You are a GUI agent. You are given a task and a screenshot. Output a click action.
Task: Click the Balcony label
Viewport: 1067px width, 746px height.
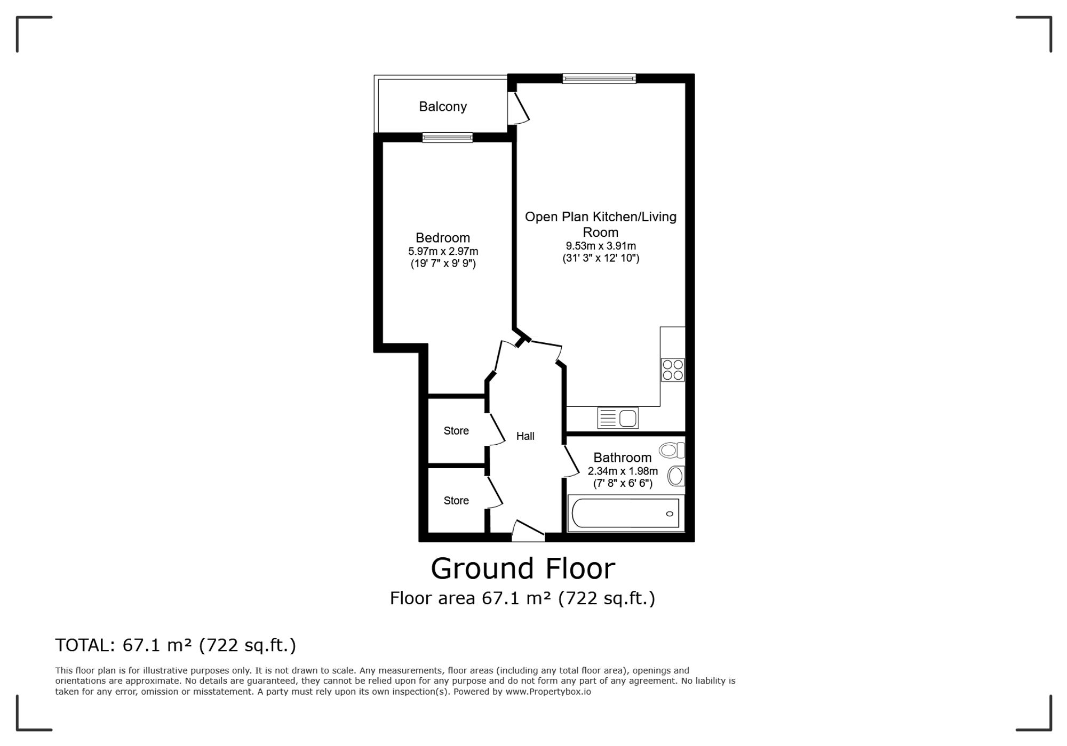[443, 107]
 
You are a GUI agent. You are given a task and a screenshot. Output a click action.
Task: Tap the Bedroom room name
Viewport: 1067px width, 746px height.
[443, 238]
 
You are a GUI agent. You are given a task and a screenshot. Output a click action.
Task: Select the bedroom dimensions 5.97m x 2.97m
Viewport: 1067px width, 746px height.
[443, 251]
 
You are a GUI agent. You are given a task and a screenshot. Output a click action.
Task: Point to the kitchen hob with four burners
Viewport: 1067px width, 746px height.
[673, 370]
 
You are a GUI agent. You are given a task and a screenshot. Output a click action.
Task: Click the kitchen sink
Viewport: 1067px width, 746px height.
[618, 418]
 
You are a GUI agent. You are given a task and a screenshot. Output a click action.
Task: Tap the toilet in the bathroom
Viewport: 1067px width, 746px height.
[672, 451]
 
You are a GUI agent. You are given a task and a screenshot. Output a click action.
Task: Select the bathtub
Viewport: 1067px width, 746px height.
[626, 514]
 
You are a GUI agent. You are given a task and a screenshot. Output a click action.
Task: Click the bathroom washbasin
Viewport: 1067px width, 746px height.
[676, 476]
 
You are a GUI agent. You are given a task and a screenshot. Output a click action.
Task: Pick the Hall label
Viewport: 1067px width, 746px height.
[525, 436]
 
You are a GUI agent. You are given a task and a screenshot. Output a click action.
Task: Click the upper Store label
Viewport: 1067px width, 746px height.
[456, 431]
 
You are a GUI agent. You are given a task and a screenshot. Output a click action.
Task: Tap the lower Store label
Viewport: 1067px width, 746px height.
[456, 501]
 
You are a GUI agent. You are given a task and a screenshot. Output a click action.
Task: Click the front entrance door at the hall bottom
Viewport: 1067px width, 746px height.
[528, 531]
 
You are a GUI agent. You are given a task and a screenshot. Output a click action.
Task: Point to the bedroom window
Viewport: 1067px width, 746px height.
[448, 138]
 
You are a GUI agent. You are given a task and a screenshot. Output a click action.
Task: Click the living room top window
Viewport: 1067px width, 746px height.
[599, 79]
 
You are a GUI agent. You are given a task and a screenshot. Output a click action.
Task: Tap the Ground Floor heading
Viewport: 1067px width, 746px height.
[523, 568]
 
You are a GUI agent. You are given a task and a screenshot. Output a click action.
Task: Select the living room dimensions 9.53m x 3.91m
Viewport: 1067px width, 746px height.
[601, 246]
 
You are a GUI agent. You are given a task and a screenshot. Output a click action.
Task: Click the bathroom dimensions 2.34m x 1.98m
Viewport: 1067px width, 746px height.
[623, 471]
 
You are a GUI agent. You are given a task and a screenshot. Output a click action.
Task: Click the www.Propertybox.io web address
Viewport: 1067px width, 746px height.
[548, 692]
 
